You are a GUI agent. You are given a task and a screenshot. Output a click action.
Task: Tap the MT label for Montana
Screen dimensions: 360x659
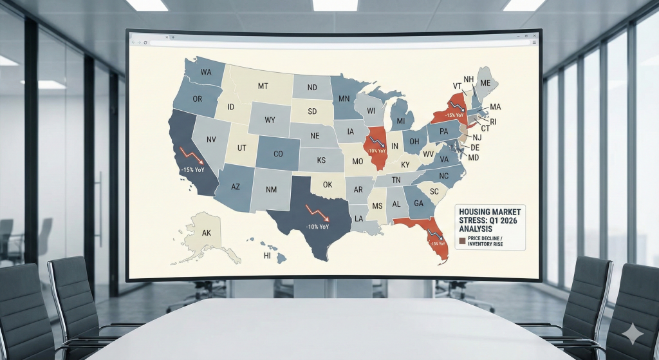[263, 86]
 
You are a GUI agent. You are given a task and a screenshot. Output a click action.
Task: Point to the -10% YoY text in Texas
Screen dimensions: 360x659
[317, 227]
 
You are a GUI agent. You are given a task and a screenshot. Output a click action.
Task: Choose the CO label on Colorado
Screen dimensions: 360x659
[278, 154]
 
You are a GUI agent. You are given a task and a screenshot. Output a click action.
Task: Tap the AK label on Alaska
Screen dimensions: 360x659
[207, 232]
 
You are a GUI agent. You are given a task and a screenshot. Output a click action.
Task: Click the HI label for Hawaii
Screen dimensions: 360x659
[267, 256]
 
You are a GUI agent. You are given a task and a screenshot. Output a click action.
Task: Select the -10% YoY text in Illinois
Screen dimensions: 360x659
[376, 152]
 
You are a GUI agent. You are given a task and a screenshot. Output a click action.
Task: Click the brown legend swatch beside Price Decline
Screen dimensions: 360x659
[461, 242]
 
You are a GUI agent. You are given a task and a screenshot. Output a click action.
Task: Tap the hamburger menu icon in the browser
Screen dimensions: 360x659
[534, 42]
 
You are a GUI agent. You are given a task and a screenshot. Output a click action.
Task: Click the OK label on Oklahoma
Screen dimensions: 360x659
[328, 184]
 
